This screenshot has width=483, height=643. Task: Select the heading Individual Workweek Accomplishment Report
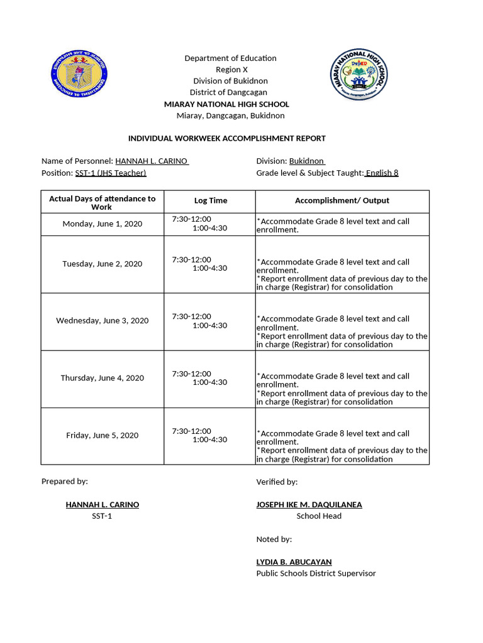click(x=227, y=138)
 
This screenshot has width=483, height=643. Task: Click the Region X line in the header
click(x=231, y=70)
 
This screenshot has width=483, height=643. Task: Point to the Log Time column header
click(x=210, y=201)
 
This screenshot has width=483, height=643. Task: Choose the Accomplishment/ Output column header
click(x=341, y=201)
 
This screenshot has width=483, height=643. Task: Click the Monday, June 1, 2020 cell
click(x=103, y=224)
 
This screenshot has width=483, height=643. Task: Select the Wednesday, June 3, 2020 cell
click(x=103, y=321)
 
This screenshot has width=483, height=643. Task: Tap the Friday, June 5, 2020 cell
click(x=103, y=436)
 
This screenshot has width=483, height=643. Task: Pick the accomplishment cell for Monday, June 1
click(x=341, y=225)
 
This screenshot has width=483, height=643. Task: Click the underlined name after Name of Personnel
click(x=152, y=161)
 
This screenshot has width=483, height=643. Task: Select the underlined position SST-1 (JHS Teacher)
click(x=111, y=173)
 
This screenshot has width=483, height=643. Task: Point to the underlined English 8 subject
click(x=382, y=173)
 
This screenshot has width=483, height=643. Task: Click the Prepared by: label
click(x=65, y=482)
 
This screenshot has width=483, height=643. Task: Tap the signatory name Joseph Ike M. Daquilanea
click(x=309, y=505)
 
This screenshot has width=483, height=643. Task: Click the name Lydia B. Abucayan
click(x=294, y=562)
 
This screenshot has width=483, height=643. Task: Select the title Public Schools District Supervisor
click(x=316, y=573)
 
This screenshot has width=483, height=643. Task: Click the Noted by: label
click(x=274, y=539)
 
